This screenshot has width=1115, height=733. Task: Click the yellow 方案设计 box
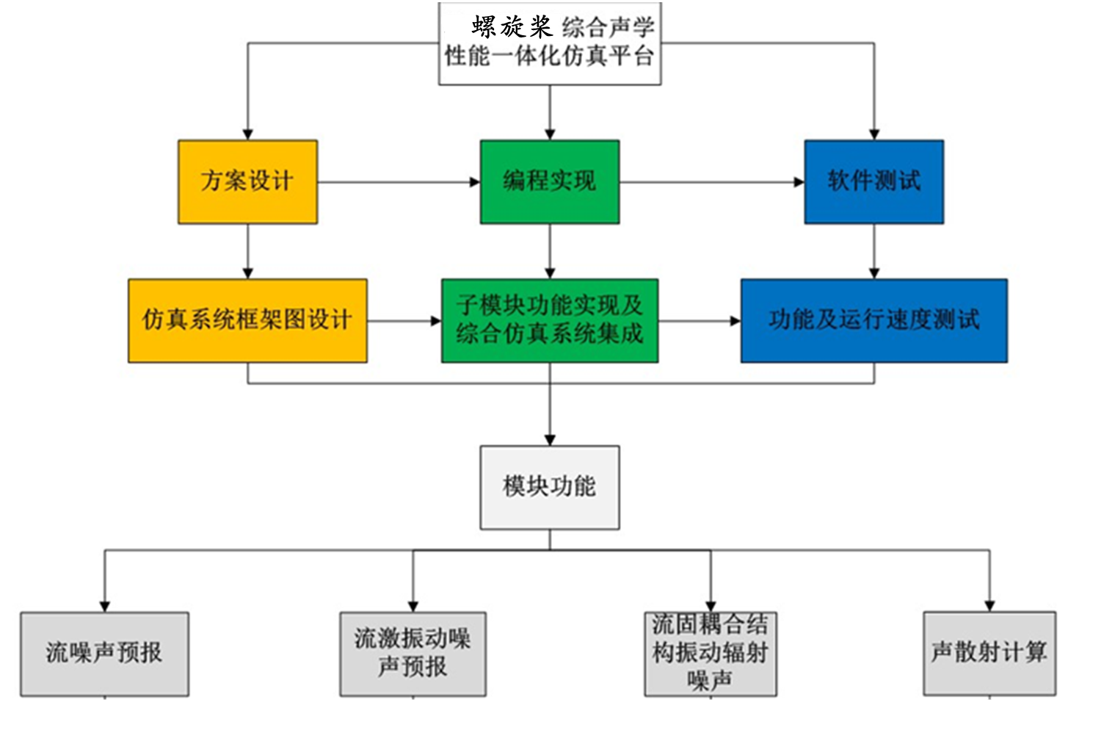(247, 181)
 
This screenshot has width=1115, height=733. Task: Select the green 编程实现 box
(549, 181)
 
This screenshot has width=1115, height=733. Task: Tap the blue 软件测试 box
(874, 181)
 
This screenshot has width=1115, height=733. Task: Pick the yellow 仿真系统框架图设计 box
(247, 320)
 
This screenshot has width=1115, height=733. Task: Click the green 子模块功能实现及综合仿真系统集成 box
(549, 320)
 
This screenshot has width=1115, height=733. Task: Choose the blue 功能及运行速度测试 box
(874, 320)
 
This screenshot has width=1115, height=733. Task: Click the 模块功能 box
(549, 487)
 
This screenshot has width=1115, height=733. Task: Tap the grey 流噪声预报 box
(104, 654)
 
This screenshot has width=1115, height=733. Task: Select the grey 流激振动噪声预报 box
(413, 654)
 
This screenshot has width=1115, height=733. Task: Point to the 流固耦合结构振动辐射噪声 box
(710, 654)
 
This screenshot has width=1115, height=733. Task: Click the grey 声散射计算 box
(989, 653)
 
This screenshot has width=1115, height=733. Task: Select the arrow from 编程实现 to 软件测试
(711, 182)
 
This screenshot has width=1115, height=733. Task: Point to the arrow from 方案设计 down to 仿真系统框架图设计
(247, 251)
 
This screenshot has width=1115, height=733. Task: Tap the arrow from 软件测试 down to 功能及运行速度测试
(874, 251)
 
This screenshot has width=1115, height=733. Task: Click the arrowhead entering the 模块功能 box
(549, 440)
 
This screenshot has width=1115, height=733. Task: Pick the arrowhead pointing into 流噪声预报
(104, 606)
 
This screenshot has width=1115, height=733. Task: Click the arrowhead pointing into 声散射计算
(989, 606)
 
